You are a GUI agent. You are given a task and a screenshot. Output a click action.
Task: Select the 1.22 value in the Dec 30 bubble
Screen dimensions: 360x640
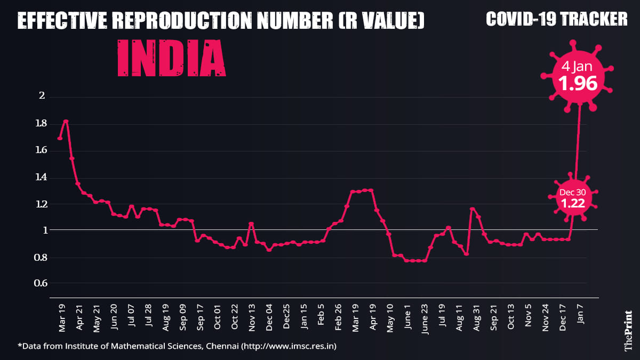[x=572, y=203]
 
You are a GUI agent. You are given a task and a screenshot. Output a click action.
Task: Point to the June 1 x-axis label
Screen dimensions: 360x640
[x=407, y=319]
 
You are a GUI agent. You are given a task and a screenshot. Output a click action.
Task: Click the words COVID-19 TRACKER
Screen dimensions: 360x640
[x=557, y=19]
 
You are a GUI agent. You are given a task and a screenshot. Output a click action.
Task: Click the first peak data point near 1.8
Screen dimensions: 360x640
[x=66, y=122]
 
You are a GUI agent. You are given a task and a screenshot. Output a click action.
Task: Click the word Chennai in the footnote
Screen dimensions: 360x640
[x=220, y=347]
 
